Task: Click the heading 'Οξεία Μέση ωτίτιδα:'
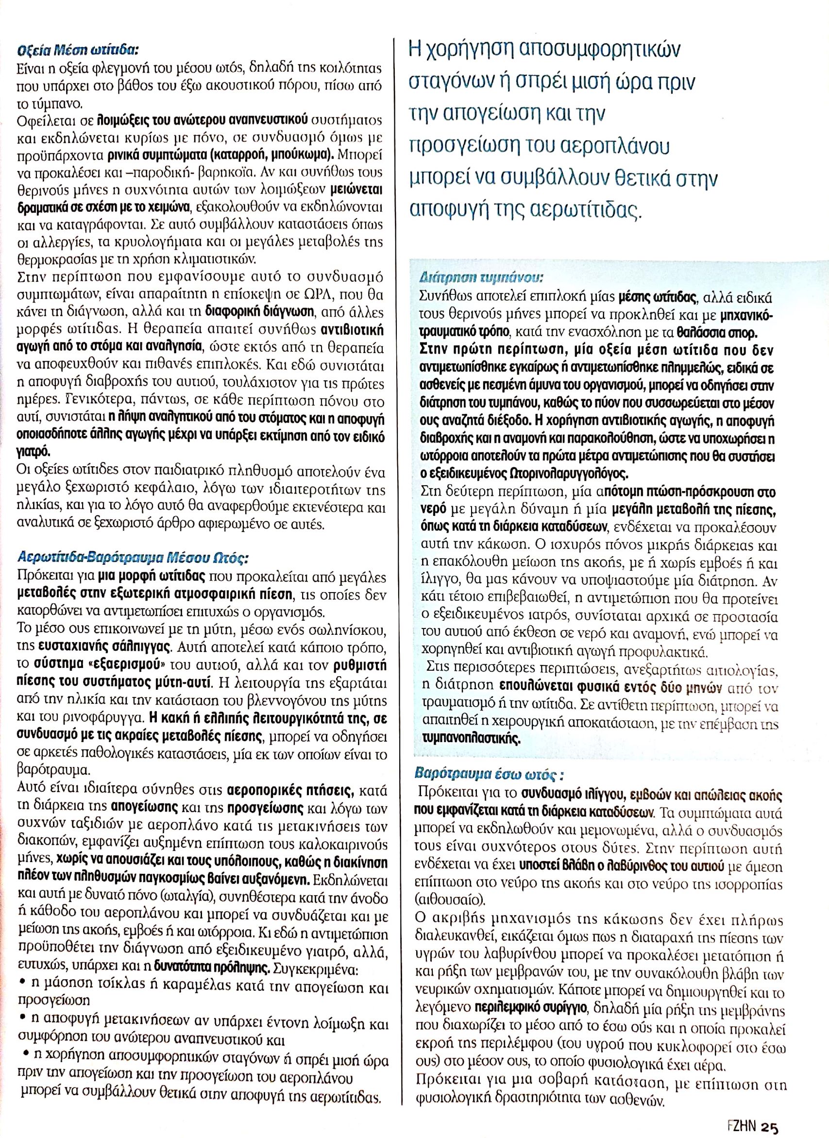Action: [x=77, y=51]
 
